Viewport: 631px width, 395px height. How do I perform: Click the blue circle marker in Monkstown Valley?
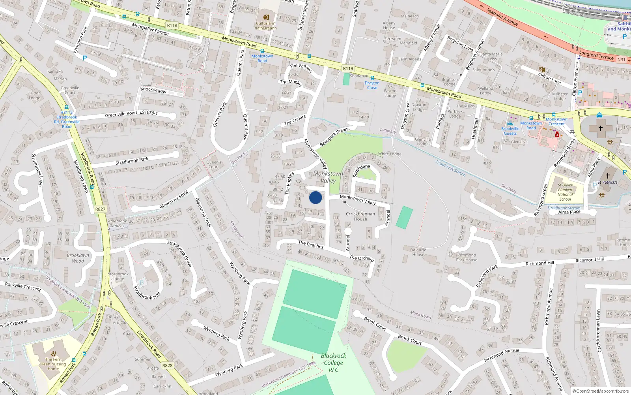click(315, 197)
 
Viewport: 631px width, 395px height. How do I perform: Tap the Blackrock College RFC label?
click(333, 363)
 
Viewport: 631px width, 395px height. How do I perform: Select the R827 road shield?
click(100, 209)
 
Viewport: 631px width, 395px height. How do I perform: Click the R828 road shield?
click(167, 365)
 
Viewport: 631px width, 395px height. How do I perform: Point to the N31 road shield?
click(621, 60)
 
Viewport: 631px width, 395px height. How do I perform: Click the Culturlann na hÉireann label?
click(266, 26)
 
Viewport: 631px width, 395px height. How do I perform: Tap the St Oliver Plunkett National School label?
click(565, 192)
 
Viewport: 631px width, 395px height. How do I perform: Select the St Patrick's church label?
click(607, 182)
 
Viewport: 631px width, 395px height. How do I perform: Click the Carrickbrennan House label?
click(360, 216)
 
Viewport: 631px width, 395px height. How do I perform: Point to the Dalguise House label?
click(418, 252)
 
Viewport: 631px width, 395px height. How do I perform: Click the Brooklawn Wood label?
click(78, 258)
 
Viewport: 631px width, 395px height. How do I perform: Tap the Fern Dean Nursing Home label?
click(53, 364)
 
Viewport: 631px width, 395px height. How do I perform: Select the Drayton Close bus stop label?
click(372, 85)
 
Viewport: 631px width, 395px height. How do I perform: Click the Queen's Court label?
click(214, 164)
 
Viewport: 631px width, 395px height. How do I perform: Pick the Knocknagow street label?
click(153, 90)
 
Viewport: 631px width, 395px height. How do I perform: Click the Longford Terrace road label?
click(596, 56)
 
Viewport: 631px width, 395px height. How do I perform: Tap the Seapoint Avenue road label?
click(502, 17)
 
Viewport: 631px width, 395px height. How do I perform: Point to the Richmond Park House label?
click(467, 258)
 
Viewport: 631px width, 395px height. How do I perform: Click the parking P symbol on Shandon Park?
click(84, 58)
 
